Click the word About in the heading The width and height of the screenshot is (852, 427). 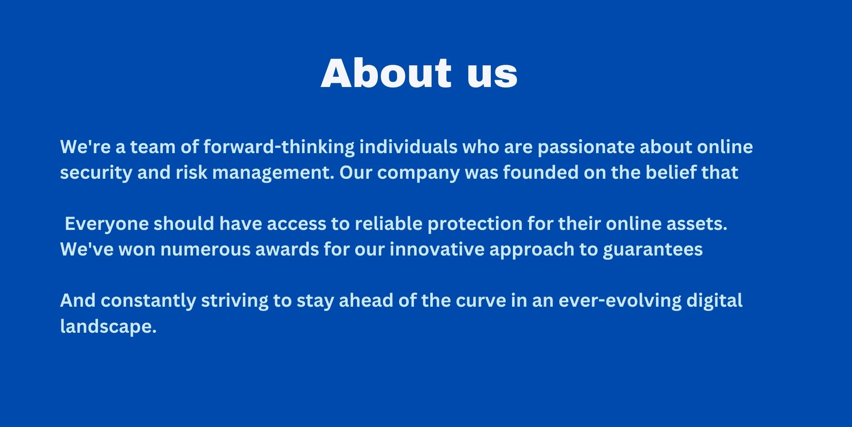(386, 73)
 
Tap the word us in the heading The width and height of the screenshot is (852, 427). (492, 77)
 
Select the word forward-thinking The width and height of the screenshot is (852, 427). (279, 147)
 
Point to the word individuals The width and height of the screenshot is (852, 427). (409, 147)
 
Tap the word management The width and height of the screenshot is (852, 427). (273, 173)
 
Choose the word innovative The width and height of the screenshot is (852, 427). (437, 249)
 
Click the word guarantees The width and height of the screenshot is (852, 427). (653, 250)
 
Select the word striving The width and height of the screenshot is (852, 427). (235, 301)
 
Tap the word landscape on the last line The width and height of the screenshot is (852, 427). (108, 327)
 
